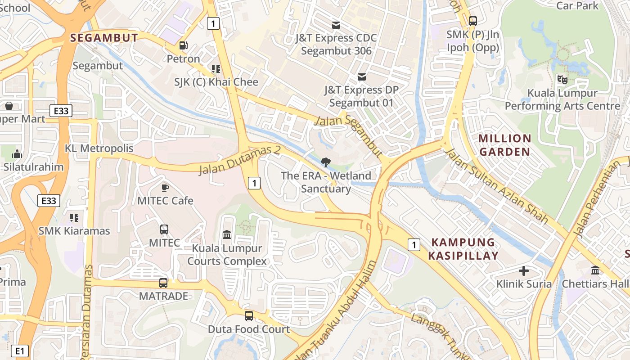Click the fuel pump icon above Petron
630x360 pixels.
(183, 45)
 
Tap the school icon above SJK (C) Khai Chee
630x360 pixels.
(216, 69)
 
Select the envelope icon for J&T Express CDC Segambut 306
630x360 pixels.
(336, 25)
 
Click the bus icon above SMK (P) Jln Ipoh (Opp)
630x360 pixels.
(472, 21)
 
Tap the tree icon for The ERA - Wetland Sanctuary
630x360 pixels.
(325, 162)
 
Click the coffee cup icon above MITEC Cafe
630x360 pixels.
(165, 187)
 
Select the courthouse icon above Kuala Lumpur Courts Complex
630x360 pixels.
(227, 235)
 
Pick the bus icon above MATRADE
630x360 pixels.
(163, 283)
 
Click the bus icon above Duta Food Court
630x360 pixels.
(248, 316)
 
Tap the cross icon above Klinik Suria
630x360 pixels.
(524, 271)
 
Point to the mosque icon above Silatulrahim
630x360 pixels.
(17, 154)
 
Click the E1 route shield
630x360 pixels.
(19, 351)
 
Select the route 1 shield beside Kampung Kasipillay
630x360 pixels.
(414, 245)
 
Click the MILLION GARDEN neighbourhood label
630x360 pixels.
(505, 145)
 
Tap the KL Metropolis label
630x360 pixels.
(99, 148)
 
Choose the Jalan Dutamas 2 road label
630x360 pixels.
(240, 160)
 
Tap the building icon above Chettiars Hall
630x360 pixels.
(595, 271)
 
